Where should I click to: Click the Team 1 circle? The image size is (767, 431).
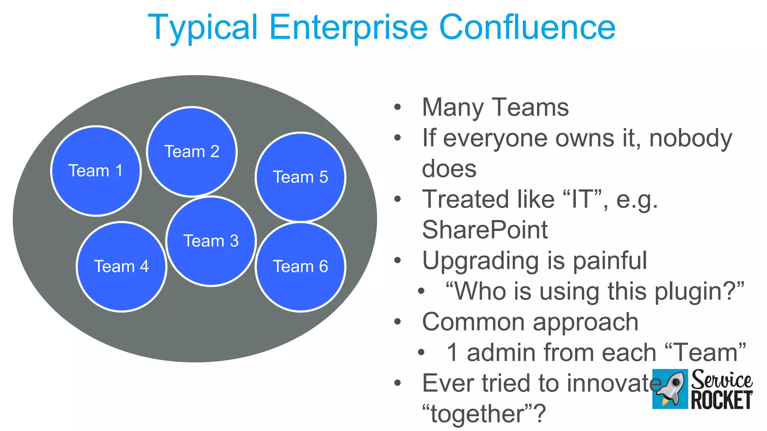[96, 171]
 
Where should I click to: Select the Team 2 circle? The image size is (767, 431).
[192, 152]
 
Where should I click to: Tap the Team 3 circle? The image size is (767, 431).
[211, 241]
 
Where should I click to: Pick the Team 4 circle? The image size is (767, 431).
[121, 266]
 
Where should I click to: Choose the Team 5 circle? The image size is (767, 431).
[300, 177]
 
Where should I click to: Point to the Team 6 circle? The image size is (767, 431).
[300, 266]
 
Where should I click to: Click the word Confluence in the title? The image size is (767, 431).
[527, 27]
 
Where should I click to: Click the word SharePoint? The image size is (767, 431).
[485, 229]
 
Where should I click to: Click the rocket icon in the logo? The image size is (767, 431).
[670, 389]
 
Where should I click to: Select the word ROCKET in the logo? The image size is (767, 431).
[721, 400]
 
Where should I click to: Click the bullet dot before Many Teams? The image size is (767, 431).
[397, 107]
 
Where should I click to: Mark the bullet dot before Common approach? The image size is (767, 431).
[397, 322]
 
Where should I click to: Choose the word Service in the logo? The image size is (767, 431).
[721, 380]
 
